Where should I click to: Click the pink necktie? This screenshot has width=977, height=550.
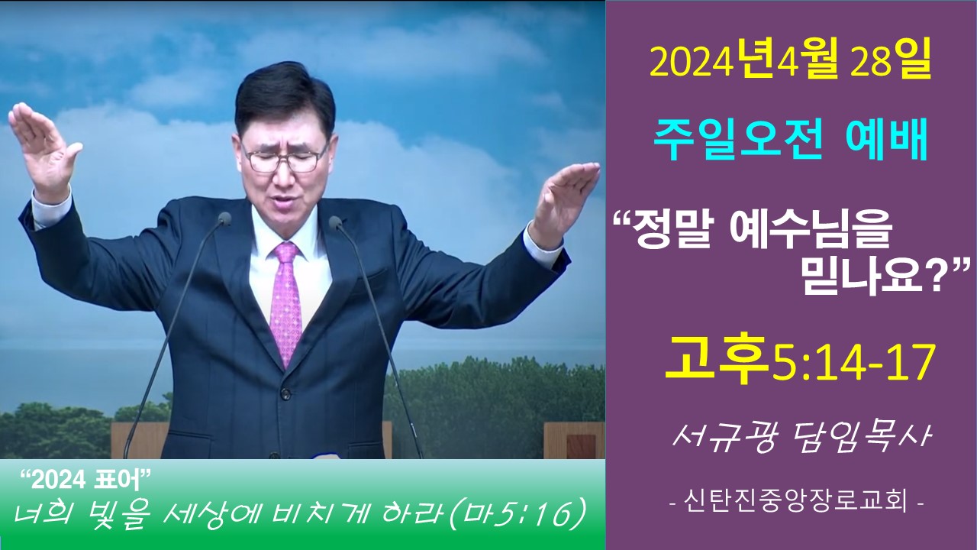pyautogui.click(x=286, y=301)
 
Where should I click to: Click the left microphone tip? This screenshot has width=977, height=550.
pyautogui.click(x=224, y=218)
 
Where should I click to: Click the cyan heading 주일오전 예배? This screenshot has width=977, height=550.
pyautogui.click(x=790, y=141)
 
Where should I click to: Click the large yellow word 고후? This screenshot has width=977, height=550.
pyautogui.click(x=717, y=360)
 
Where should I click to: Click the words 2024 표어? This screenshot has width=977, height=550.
pyautogui.click(x=86, y=481)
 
